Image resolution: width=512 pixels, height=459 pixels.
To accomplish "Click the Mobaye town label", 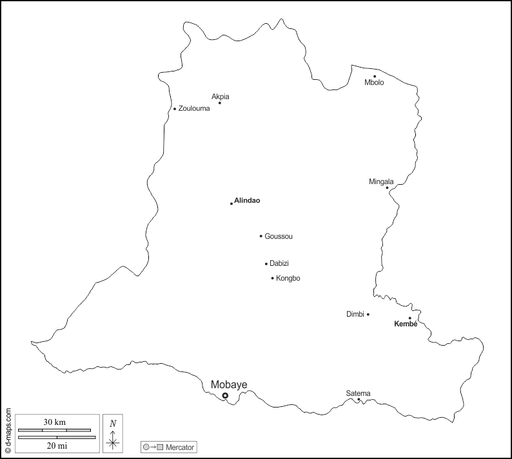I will click(x=229, y=385).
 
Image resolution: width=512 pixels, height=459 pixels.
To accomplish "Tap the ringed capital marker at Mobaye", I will click(x=225, y=396).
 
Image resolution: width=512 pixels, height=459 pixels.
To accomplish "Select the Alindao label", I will click(x=248, y=201).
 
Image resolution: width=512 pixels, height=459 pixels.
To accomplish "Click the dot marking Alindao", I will click(x=231, y=203).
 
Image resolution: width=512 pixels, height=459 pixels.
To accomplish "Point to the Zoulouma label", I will click(x=194, y=109).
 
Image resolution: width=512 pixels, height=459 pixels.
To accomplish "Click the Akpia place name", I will click(x=221, y=97).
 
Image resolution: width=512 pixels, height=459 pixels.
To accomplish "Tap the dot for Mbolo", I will click(x=375, y=77).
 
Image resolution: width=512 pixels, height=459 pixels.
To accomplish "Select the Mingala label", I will click(x=381, y=182).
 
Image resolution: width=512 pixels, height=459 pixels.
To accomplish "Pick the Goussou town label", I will click(x=279, y=236).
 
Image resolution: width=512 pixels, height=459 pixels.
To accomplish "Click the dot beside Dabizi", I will click(x=266, y=263).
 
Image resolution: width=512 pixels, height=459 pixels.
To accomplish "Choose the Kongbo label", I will click(x=288, y=278).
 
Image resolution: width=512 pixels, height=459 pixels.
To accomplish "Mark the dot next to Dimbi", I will click(x=368, y=314).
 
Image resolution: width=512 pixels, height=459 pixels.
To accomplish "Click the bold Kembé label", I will click(x=406, y=324).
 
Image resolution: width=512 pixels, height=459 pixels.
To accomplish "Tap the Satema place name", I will click(x=358, y=393).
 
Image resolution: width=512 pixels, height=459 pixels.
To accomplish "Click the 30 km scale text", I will click(x=55, y=422).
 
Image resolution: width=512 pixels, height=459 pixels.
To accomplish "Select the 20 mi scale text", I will click(x=55, y=445).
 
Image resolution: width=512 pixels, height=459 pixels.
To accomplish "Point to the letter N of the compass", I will click(x=113, y=423).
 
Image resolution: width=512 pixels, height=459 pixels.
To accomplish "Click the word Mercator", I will click(x=180, y=447).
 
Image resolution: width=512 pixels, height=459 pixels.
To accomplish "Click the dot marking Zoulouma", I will click(x=175, y=109).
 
